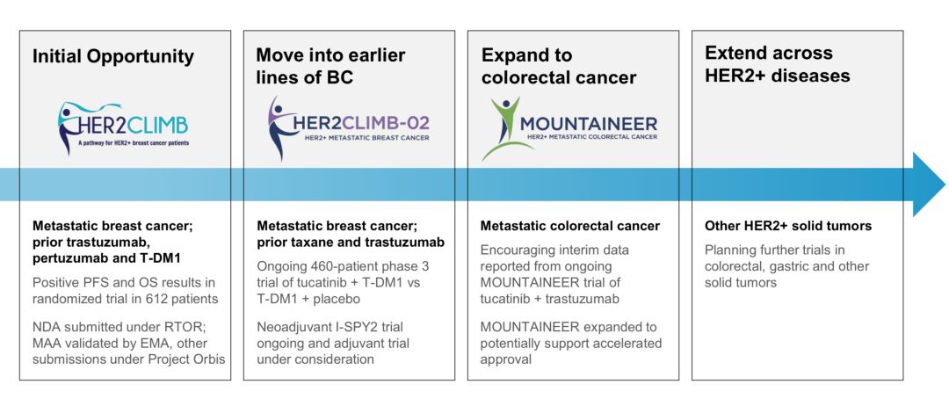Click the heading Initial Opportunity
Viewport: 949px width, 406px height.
point(113,57)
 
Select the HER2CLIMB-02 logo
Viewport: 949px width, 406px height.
point(349,127)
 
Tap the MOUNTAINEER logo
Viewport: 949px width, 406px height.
point(569,128)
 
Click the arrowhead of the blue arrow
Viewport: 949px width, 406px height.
point(929,184)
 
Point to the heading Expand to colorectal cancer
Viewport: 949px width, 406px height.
point(559,67)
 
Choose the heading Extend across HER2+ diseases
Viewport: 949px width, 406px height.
point(777,64)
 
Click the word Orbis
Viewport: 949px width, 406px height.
point(209,359)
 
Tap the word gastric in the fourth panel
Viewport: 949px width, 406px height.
point(787,266)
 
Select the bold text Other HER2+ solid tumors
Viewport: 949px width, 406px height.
point(788,226)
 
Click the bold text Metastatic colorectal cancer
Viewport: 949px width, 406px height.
point(570,226)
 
